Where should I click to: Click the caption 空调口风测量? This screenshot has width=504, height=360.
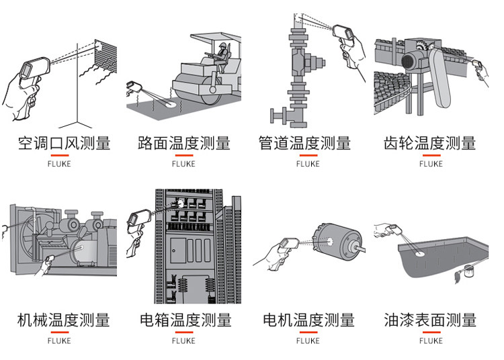tap(64, 143)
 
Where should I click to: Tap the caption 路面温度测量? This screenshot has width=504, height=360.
tap(184, 143)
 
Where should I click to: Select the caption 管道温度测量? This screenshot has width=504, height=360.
tap(304, 143)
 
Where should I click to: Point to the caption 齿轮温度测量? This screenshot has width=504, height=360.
tap(429, 143)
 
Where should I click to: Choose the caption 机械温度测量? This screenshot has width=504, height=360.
tap(63, 320)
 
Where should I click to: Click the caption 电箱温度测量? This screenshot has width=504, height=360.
tap(185, 320)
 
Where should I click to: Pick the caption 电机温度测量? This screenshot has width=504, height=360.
tap(308, 320)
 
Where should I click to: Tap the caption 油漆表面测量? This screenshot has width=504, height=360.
tap(430, 320)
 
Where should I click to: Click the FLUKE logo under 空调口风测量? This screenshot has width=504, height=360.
tap(59, 164)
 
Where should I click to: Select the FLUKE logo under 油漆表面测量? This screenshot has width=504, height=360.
tap(431, 341)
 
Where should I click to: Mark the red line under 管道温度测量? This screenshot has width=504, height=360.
tap(308, 155)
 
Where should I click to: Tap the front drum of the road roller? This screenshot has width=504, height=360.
tap(200, 87)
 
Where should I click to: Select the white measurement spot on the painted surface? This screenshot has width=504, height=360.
tap(420, 254)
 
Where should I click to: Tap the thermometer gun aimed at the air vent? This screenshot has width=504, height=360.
tap(34, 69)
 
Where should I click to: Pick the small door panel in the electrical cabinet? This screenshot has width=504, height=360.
tap(178, 250)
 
